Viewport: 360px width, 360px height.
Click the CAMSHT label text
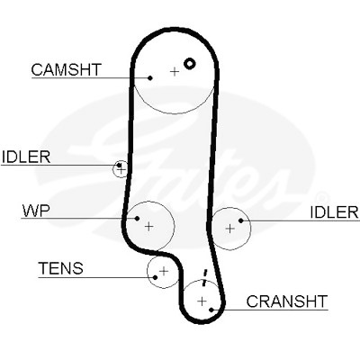pos(67,69)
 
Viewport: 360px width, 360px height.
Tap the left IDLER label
pos(26,157)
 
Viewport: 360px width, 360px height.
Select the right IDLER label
pos(334,212)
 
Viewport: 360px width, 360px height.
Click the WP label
pos(35,211)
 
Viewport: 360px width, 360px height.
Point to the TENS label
pos(60,268)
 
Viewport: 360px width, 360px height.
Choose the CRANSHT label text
pos(286,301)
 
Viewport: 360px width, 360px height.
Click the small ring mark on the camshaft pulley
pos(190,63)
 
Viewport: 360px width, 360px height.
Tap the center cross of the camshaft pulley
pos(175,72)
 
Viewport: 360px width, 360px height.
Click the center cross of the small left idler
pos(121,170)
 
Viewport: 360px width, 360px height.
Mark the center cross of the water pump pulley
pos(148,226)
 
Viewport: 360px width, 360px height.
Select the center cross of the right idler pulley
pos(230,229)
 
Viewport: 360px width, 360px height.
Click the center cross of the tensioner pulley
pos(164,271)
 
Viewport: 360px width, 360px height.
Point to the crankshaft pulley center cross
pos(202,301)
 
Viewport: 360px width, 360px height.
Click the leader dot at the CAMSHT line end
pos(150,78)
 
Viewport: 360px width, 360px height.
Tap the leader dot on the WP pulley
pos(137,218)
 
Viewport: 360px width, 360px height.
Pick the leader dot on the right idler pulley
pos(240,220)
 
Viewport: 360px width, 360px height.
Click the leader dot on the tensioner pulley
pos(155,277)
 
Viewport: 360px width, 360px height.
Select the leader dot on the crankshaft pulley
pos(211,310)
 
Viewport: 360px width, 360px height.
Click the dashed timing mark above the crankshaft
pos(204,278)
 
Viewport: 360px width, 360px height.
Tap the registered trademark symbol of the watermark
pos(320,198)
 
